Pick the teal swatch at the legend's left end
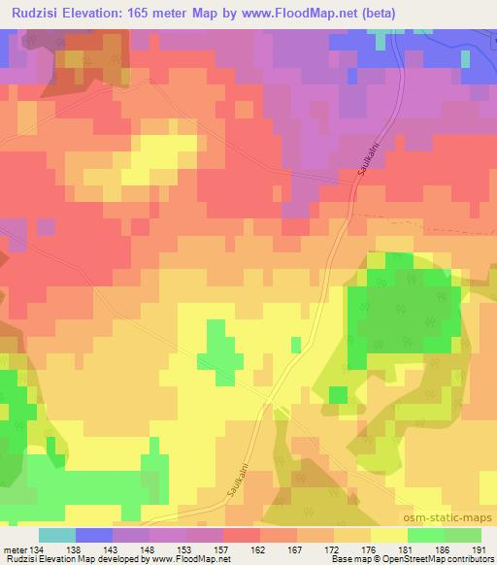click(57, 535)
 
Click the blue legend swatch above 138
click(94, 535)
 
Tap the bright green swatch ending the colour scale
click(463, 535)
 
